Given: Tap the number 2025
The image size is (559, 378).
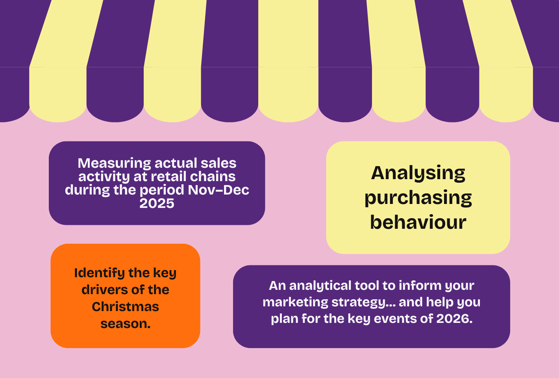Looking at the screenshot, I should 157,204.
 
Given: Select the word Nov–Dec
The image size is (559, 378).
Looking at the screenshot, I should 218,190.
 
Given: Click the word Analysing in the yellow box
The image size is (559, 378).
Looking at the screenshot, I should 418,173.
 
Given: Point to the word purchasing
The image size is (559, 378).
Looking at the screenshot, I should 418,198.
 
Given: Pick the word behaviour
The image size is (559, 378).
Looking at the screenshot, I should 418,222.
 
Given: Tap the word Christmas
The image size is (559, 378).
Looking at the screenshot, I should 125,307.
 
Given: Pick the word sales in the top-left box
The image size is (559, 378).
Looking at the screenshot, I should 218,163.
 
